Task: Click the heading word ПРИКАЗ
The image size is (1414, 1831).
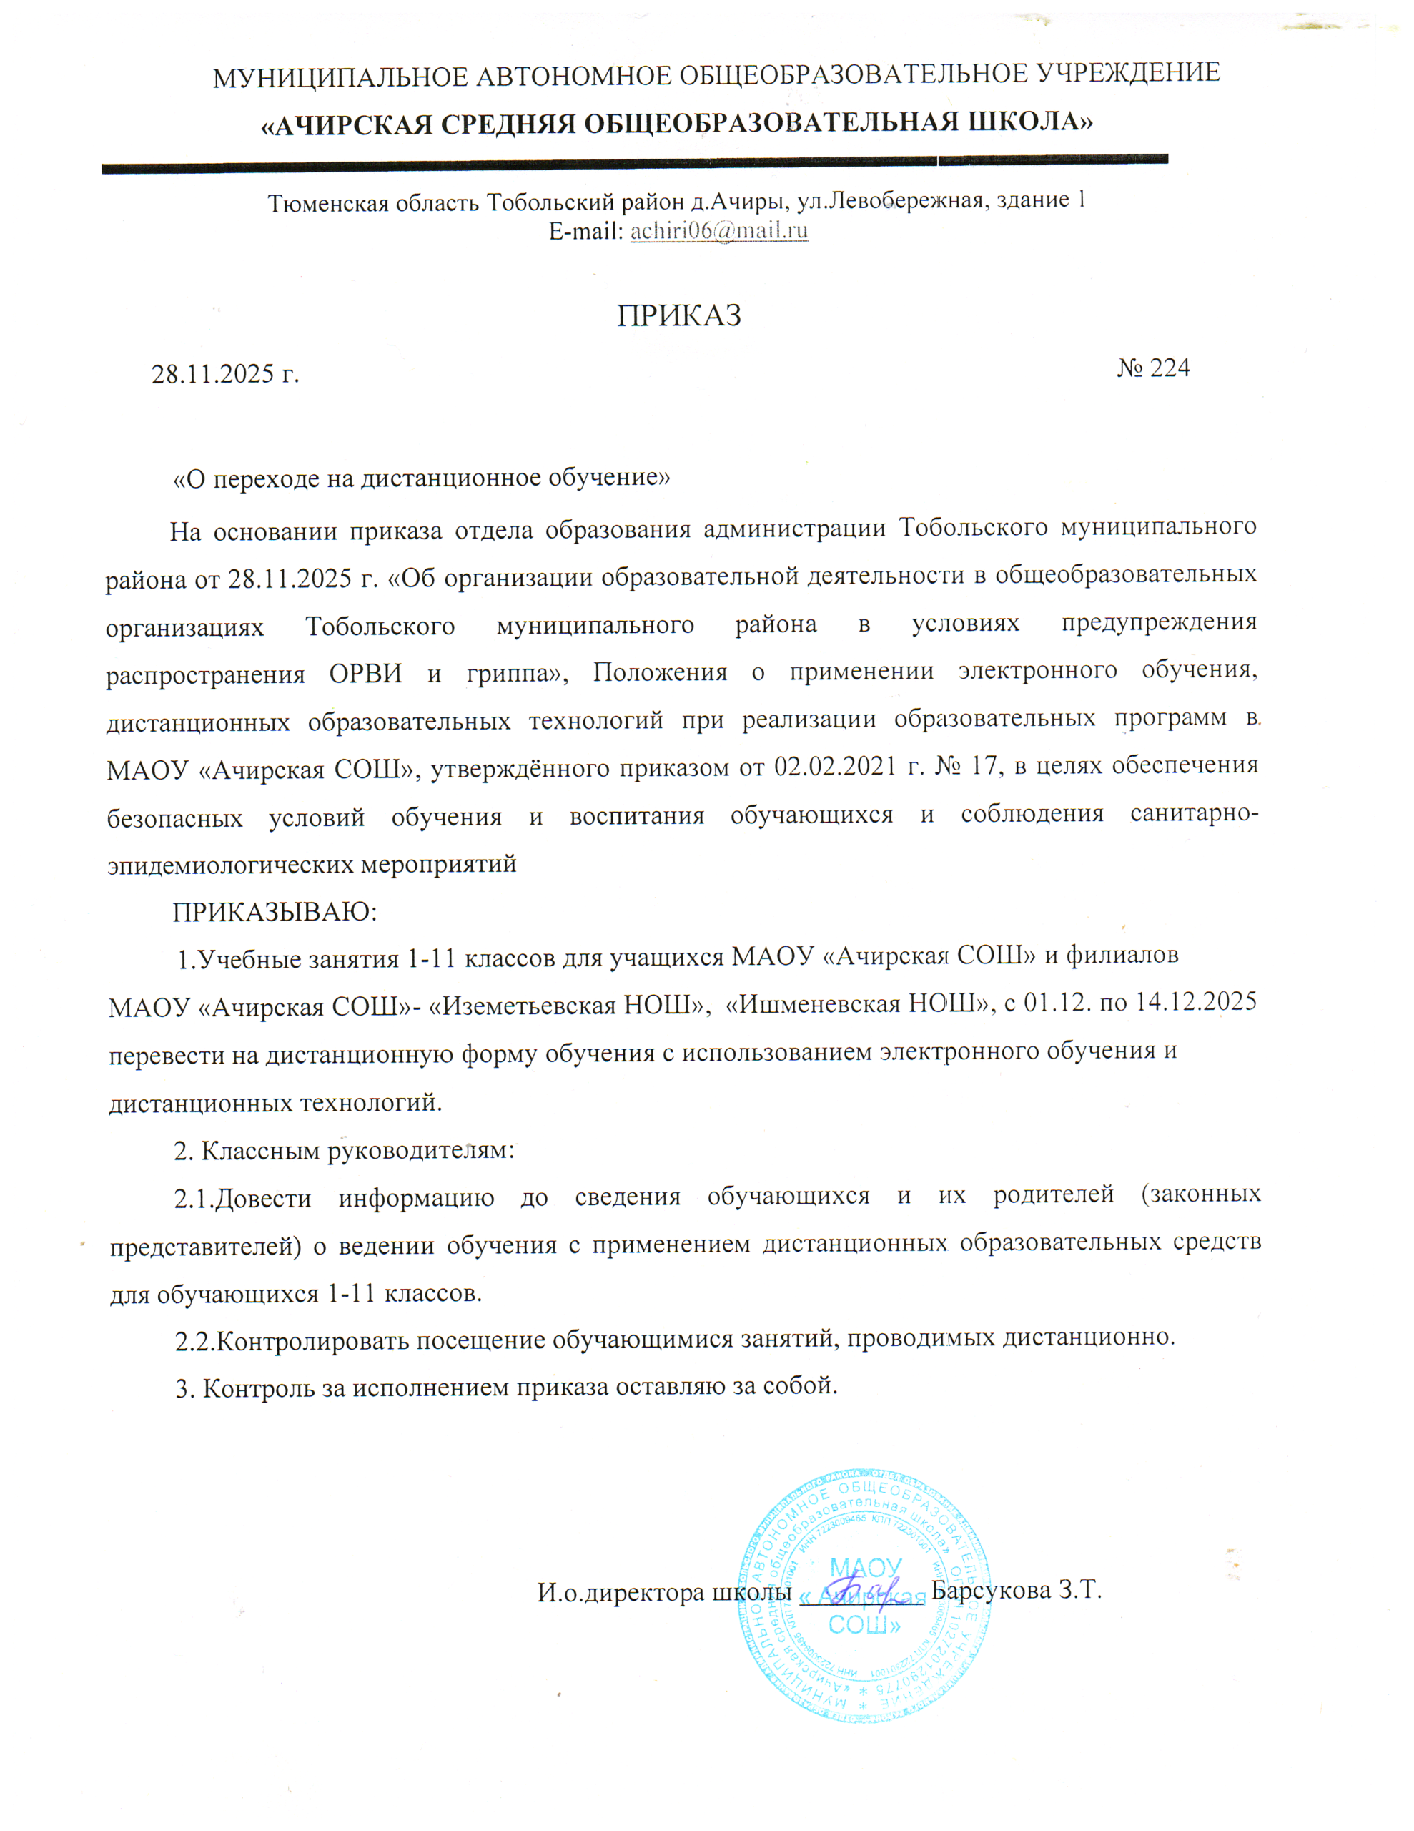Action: [679, 316]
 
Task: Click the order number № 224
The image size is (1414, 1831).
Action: [1152, 368]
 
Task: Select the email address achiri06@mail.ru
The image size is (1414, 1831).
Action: [718, 230]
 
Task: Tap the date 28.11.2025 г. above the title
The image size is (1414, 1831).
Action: [224, 374]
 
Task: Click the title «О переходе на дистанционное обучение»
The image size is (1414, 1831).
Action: [422, 478]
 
